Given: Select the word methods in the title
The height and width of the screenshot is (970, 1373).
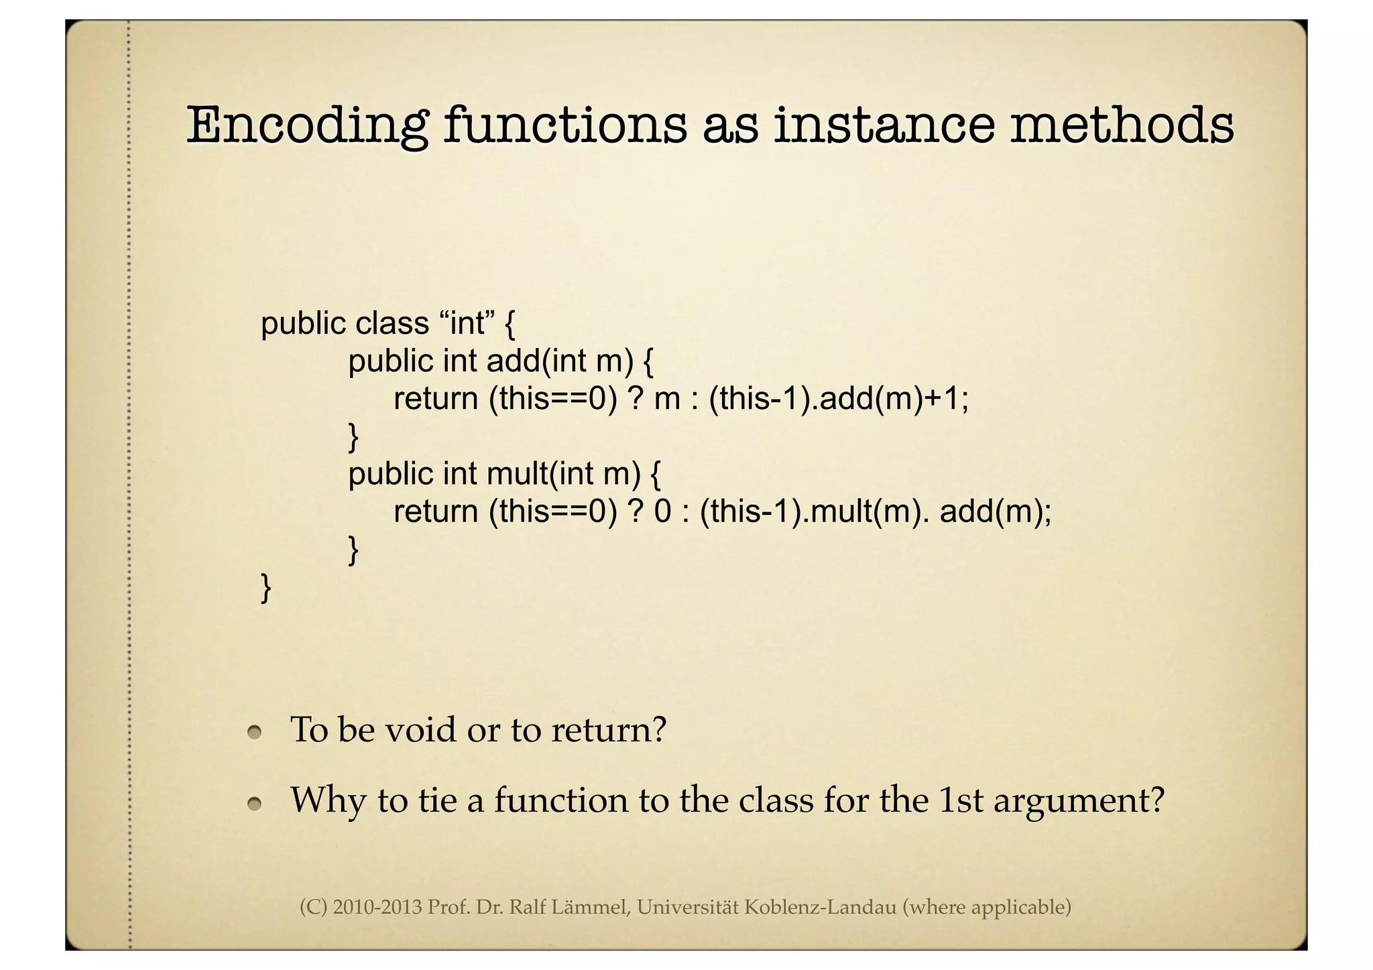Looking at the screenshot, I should pos(1121,125).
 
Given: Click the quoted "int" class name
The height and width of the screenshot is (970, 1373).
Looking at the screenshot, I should pos(467,324).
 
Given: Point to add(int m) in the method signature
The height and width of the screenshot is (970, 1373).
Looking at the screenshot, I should pos(560,361).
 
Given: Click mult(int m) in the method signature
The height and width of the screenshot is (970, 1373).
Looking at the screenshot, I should pos(564,474).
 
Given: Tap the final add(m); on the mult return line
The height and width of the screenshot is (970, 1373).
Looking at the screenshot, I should pos(996,512).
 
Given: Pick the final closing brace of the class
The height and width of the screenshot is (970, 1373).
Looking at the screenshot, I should pos(265,587).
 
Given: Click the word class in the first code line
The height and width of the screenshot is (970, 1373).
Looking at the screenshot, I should pos(392,324).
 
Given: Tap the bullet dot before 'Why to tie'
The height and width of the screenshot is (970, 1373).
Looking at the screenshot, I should pos(253,803).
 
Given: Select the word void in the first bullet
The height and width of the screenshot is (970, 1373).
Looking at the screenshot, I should pos(420,729).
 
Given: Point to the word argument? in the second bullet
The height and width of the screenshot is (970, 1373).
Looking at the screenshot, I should pos(1079,800).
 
